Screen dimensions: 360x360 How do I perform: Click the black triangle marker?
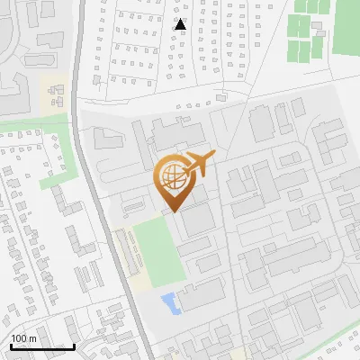click(x=180, y=24)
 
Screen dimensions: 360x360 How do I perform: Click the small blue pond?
click(x=170, y=302)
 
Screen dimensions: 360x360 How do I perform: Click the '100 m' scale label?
click(x=24, y=337)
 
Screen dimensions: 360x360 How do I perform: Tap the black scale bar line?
click(x=42, y=346)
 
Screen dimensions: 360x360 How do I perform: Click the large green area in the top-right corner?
click(x=346, y=27)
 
